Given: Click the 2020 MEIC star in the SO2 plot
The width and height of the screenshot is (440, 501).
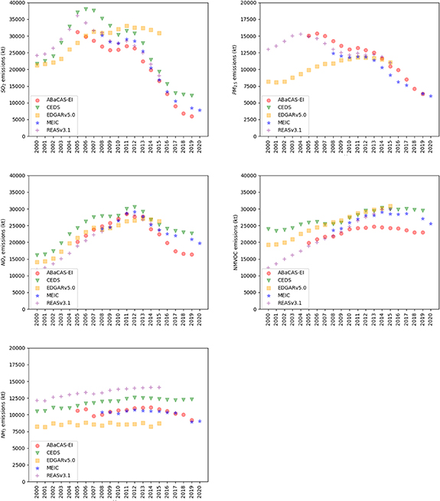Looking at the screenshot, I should click(200, 110).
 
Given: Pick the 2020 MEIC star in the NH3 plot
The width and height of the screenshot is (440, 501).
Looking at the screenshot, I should click(200, 421).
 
